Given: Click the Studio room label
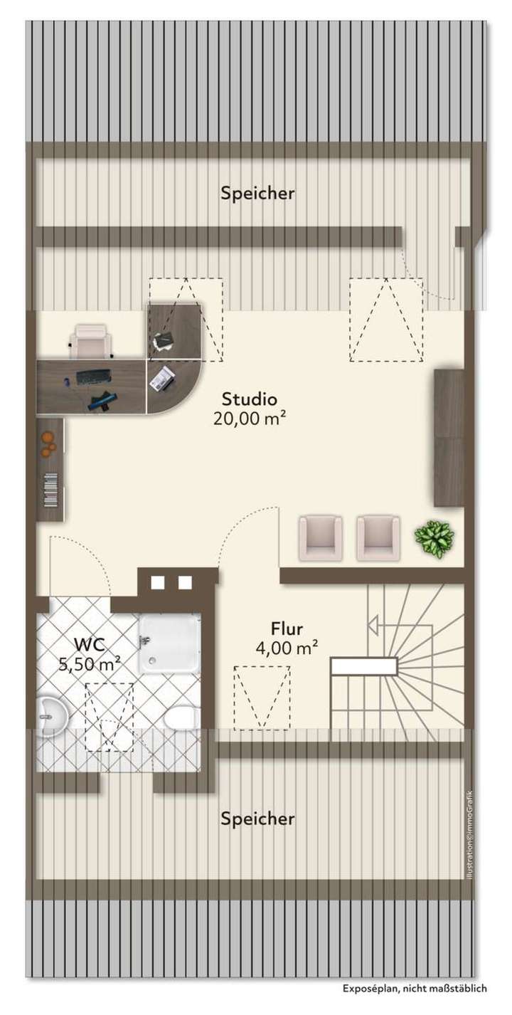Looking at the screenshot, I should click(x=249, y=399).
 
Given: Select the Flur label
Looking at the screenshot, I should click(x=287, y=629).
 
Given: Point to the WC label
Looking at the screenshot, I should click(x=90, y=645).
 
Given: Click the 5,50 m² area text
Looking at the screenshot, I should click(x=90, y=664).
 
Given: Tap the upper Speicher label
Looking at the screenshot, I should click(x=257, y=193).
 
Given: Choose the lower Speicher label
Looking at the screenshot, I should click(x=257, y=819).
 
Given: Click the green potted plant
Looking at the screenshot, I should click(x=434, y=538).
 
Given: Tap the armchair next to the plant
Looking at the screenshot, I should click(x=375, y=537).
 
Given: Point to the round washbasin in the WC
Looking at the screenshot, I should click(x=51, y=714).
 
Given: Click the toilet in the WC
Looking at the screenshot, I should click(x=181, y=717).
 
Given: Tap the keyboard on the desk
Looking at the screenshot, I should click(x=92, y=377).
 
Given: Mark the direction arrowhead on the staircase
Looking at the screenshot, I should click(x=372, y=626).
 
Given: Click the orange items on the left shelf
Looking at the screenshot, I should click(x=48, y=444).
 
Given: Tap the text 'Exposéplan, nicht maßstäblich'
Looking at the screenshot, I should click(x=415, y=988).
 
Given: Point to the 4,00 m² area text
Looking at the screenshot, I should click(x=287, y=648).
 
